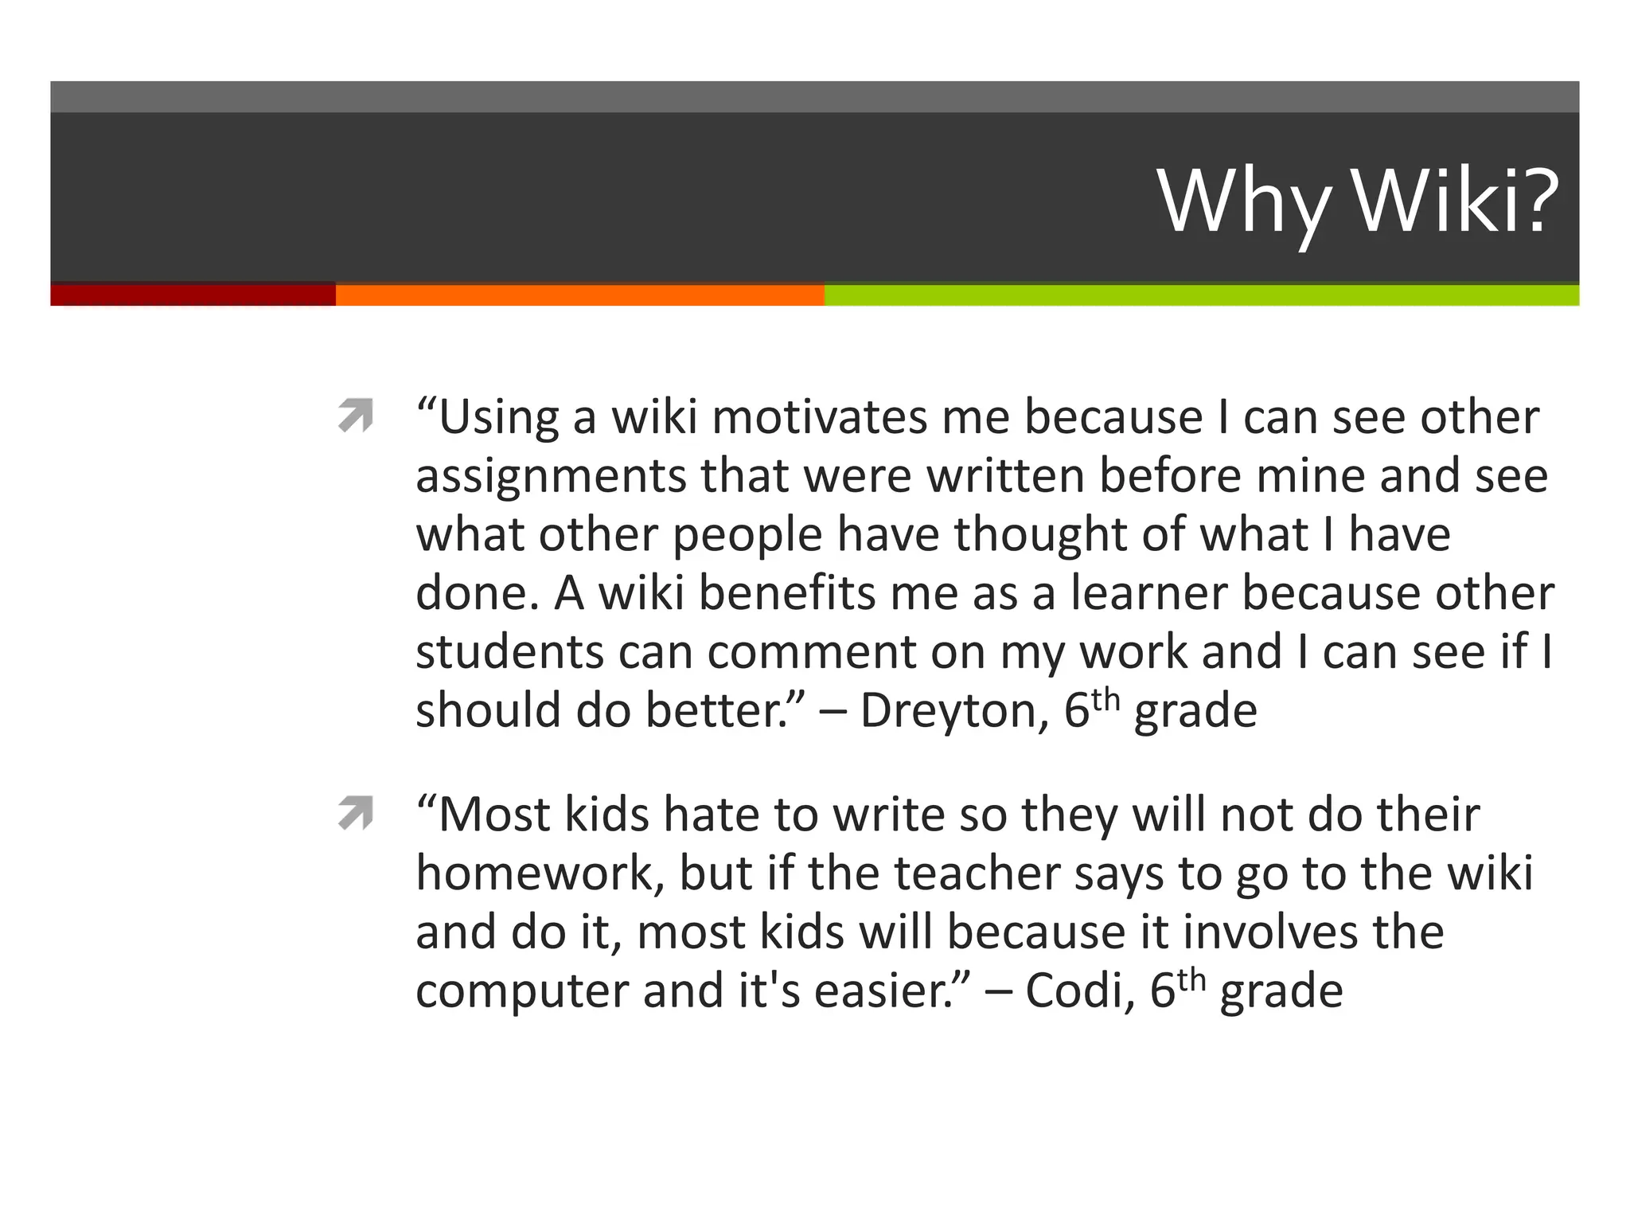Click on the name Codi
tap(1079, 991)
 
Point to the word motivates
tap(820, 417)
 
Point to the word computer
tap(522, 992)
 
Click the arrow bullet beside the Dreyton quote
tap(355, 416)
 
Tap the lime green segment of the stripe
tap(1201, 295)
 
